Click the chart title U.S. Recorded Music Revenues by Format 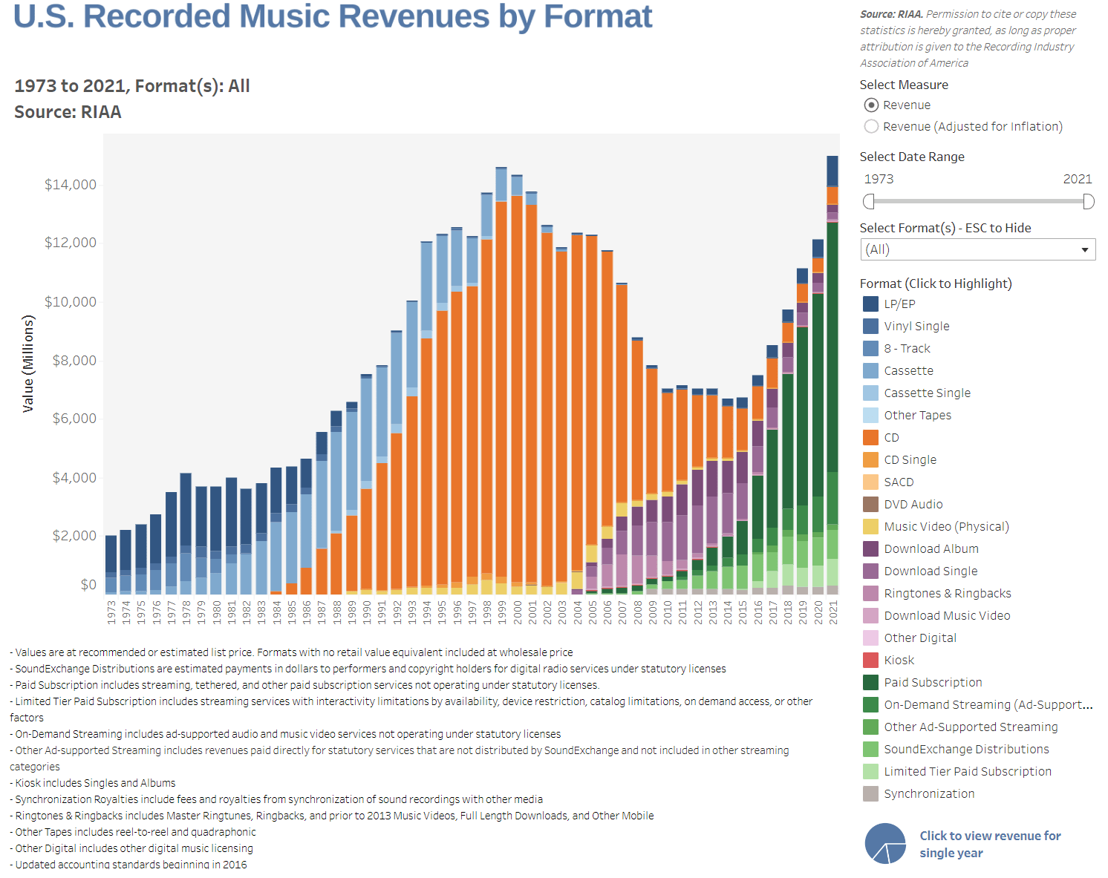tap(333, 16)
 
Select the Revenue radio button tap(872, 105)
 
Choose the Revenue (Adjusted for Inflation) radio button tap(872, 126)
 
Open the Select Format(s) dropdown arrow tap(1084, 249)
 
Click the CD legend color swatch tap(870, 437)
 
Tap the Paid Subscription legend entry tap(933, 682)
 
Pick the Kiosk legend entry tap(899, 660)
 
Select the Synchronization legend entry tap(929, 793)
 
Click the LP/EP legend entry tap(899, 304)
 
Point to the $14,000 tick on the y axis tap(71, 184)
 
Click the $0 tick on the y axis tap(88, 584)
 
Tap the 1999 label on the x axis tap(501, 612)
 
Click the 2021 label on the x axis tap(833, 612)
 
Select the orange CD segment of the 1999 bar tap(501, 386)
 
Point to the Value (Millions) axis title tap(28, 364)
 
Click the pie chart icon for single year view tap(885, 844)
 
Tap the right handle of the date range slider tap(1089, 201)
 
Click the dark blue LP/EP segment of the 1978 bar tap(186, 508)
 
